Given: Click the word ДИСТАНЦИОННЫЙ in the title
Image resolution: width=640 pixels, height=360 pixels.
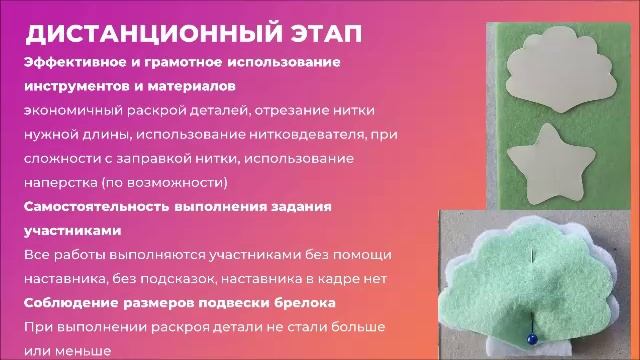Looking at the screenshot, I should (148, 34).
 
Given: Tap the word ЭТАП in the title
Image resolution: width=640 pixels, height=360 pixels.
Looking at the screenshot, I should (322, 34).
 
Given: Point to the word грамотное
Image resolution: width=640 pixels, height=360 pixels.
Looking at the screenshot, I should (169, 62).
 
